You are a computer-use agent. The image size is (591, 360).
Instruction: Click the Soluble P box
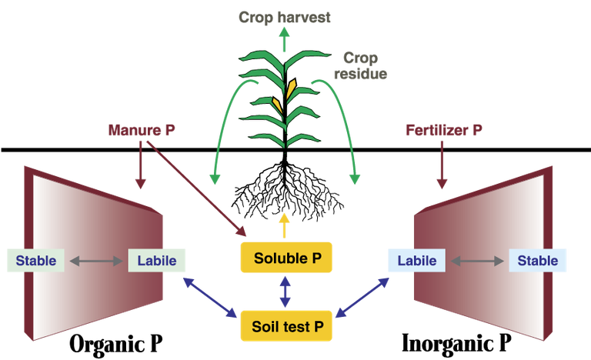(x=286, y=258)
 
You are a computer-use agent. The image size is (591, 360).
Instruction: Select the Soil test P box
(x=286, y=326)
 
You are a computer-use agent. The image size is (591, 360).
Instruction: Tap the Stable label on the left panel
(x=36, y=261)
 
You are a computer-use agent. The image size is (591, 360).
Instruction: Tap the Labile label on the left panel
(x=157, y=261)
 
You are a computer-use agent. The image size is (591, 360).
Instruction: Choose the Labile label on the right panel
(x=416, y=261)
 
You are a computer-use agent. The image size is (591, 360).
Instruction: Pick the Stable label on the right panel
(x=538, y=261)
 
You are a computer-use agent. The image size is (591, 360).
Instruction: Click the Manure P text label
(x=142, y=130)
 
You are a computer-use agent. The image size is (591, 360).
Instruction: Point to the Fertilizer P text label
(x=444, y=130)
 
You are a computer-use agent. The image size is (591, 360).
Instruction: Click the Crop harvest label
(x=284, y=17)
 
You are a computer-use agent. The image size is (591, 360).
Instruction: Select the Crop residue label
(x=360, y=66)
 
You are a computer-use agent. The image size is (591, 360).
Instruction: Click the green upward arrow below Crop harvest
(x=284, y=38)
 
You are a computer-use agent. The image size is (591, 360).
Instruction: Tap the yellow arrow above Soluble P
(x=285, y=225)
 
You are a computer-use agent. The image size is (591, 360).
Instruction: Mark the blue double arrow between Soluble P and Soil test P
(x=285, y=292)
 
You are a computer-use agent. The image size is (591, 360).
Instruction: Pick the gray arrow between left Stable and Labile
(x=96, y=262)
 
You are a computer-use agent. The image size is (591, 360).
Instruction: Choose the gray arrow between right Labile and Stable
(x=477, y=262)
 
